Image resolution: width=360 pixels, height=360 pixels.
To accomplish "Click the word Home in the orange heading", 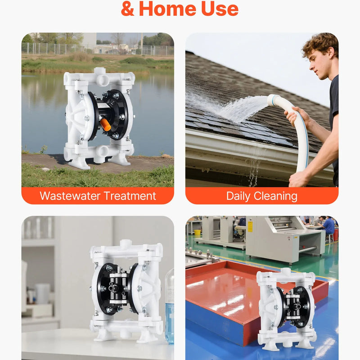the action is pos(167,9).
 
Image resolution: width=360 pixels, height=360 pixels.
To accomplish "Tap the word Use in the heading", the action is pos(220,9).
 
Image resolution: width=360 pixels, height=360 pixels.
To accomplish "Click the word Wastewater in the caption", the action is pos(70,196).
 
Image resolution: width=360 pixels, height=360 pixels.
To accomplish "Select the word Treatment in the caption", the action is pos(130,196).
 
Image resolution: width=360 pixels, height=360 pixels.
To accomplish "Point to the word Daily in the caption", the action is pos(238,196).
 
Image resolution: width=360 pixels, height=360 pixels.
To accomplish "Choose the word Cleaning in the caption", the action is pos(275,196).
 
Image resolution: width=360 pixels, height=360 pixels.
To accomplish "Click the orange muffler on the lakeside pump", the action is pos(105,125).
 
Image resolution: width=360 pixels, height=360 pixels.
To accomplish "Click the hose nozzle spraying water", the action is pos(273,100).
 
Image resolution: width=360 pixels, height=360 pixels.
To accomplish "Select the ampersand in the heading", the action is pos(128,9).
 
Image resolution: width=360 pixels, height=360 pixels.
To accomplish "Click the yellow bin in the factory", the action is pos(197,233).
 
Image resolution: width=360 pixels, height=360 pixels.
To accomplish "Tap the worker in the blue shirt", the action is pos(328,226).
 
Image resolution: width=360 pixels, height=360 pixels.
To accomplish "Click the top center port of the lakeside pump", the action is pos(99,71).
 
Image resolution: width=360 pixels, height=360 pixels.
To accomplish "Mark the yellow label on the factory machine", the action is pos(250,227).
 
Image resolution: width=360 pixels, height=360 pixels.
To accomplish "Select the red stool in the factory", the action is pos(335,234).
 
